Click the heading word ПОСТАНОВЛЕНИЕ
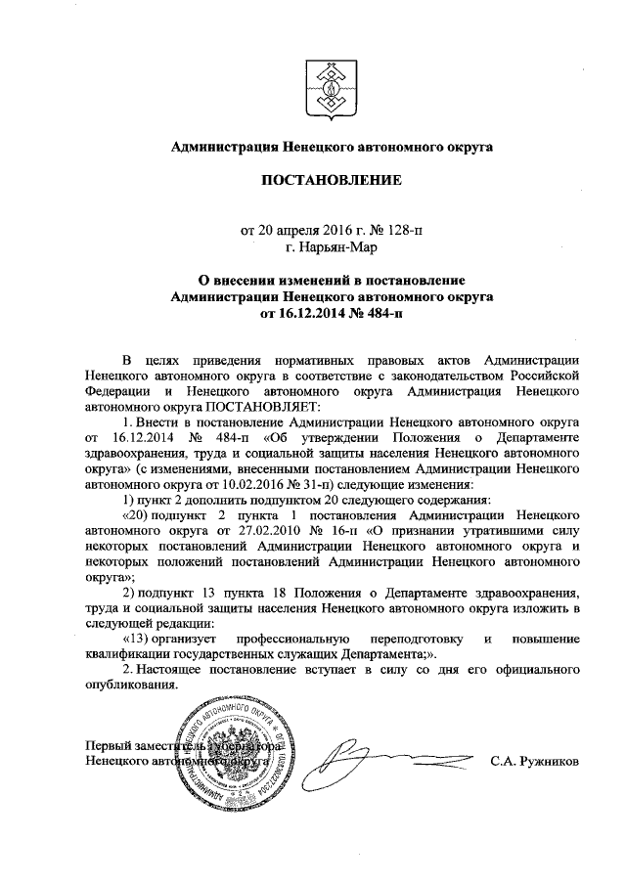pyautogui.click(x=330, y=181)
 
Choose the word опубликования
pyautogui.click(x=132, y=685)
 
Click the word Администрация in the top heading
pyautogui.click(x=224, y=147)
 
